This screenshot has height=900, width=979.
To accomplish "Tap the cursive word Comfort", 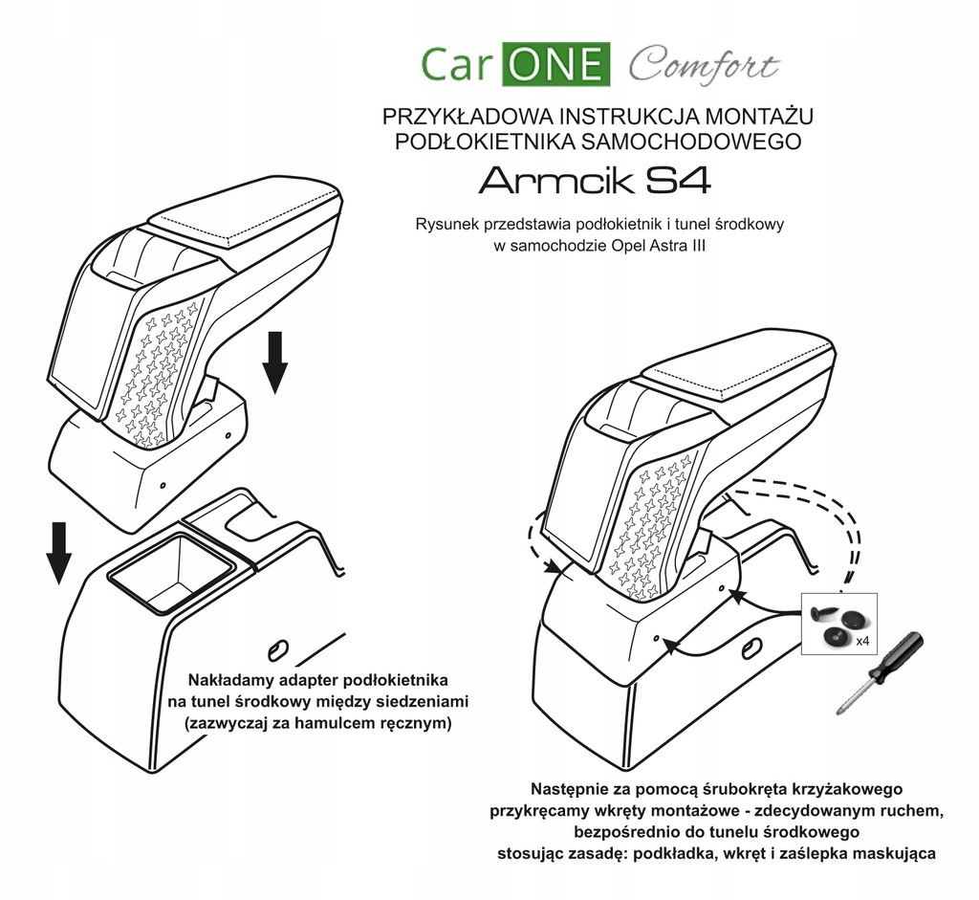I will (703, 66).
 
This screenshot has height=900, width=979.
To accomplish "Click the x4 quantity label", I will (860, 639).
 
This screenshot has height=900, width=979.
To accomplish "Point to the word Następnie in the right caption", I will (568, 789).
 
